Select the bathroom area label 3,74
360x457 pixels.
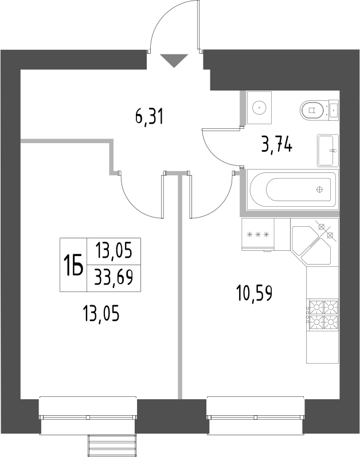277,145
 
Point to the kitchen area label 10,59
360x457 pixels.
253,294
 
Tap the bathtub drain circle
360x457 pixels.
320,189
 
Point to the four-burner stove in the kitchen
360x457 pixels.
322,315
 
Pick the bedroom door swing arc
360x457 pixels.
138,200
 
